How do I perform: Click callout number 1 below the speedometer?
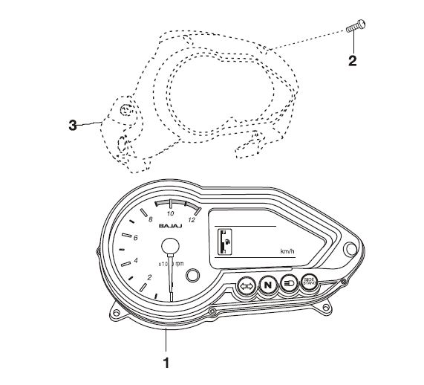tap(166, 364)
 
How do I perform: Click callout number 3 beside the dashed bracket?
tap(73, 126)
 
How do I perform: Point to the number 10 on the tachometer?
tap(170, 213)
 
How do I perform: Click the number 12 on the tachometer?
tap(192, 219)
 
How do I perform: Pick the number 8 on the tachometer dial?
tap(151, 220)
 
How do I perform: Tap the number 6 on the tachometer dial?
tap(135, 238)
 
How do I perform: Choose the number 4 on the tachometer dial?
tap(136, 260)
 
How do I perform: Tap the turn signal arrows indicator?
tap(246, 285)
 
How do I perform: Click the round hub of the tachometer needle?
tap(170, 247)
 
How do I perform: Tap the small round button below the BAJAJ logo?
tap(193, 275)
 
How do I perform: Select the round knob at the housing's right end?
tap(351, 250)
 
